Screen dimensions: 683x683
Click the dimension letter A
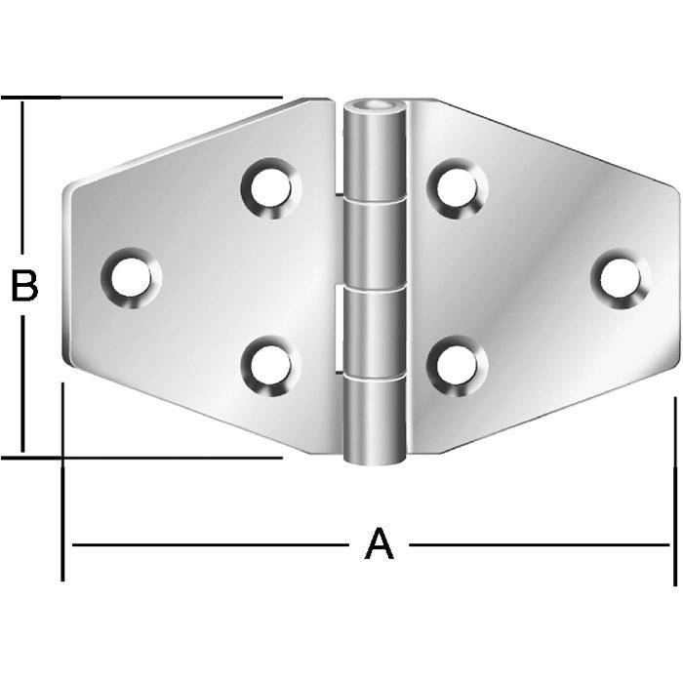point(379,544)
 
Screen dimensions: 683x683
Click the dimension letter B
point(23,287)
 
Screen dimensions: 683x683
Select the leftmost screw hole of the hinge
point(131,277)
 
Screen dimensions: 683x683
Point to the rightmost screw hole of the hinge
point(620,278)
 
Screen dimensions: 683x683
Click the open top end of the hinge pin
point(377,105)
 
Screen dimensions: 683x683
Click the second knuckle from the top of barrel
point(376,242)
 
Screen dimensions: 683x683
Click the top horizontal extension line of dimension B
point(146,98)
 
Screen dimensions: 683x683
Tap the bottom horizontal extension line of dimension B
point(146,456)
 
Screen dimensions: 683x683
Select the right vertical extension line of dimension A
point(674,488)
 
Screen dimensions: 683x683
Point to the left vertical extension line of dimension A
point(62,488)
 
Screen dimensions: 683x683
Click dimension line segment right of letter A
point(537,544)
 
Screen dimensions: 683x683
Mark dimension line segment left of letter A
point(215,544)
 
